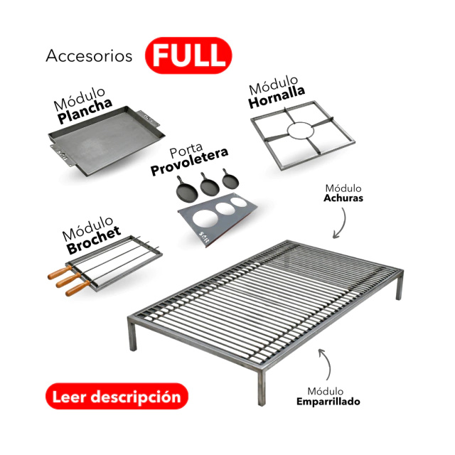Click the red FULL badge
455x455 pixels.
pyautogui.click(x=188, y=55)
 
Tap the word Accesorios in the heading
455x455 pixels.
pyautogui.click(x=89, y=55)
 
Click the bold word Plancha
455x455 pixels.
pyautogui.click(x=85, y=110)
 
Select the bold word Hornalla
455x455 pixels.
pyautogui.click(x=277, y=97)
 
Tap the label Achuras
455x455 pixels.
pyautogui.click(x=343, y=198)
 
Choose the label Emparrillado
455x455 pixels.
pyautogui.click(x=328, y=402)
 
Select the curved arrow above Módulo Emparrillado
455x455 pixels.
pyautogui.click(x=326, y=363)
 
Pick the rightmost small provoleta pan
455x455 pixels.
pyautogui.click(x=230, y=178)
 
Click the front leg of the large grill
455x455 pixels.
pyautogui.click(x=262, y=387)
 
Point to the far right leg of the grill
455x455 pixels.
pyautogui.click(x=400, y=286)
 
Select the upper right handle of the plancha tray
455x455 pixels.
pyautogui.click(x=148, y=118)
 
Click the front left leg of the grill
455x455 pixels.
pyautogui.click(x=133, y=336)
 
